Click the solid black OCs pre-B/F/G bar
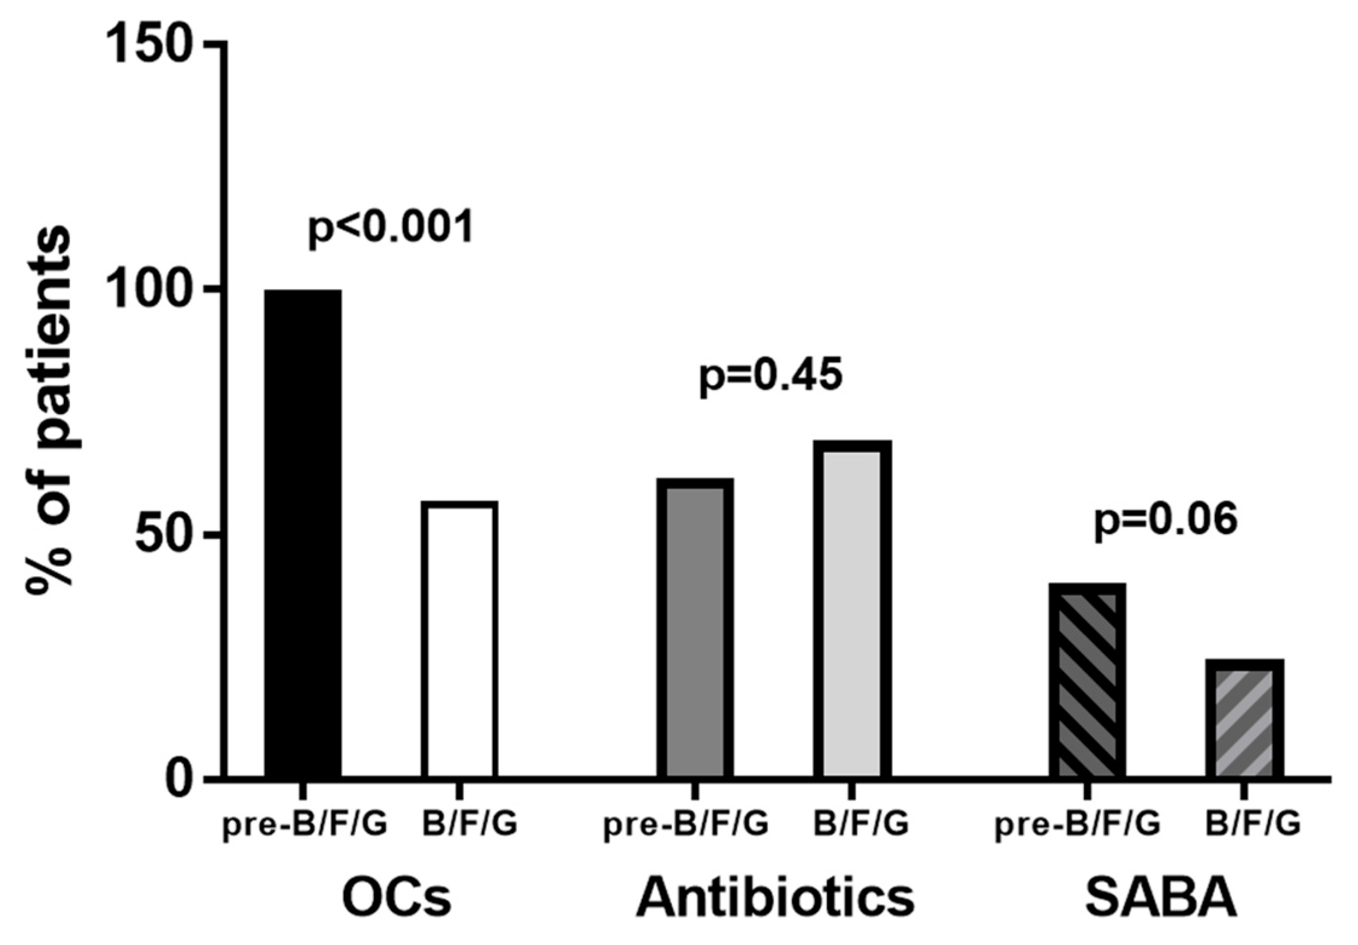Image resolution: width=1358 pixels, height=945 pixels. pos(303,533)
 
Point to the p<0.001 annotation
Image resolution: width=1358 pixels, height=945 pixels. pos(391,229)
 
